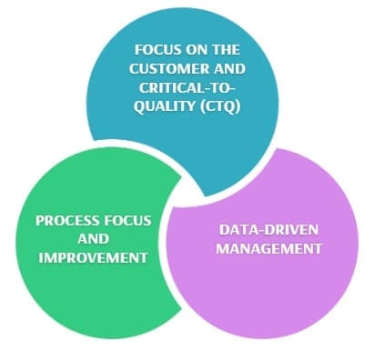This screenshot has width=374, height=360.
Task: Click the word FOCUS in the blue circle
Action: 155,50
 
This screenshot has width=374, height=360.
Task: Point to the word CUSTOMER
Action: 169,69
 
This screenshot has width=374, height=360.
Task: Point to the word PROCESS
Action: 67,220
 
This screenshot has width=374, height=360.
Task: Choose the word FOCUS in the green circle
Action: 127,220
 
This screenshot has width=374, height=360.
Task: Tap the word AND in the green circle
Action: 93,239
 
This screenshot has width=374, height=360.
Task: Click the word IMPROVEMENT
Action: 93,258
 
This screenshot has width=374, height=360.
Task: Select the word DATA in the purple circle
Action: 236,230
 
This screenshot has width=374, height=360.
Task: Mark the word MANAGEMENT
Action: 268,248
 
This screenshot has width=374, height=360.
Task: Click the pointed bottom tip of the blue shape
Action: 206,195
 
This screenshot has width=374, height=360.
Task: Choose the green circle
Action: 91,243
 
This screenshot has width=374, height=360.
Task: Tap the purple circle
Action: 263,244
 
